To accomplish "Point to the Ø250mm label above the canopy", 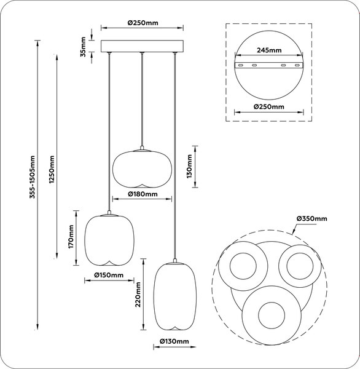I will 143,23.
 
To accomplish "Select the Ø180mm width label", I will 143,194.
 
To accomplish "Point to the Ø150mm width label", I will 109,275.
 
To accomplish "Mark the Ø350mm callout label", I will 311,218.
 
